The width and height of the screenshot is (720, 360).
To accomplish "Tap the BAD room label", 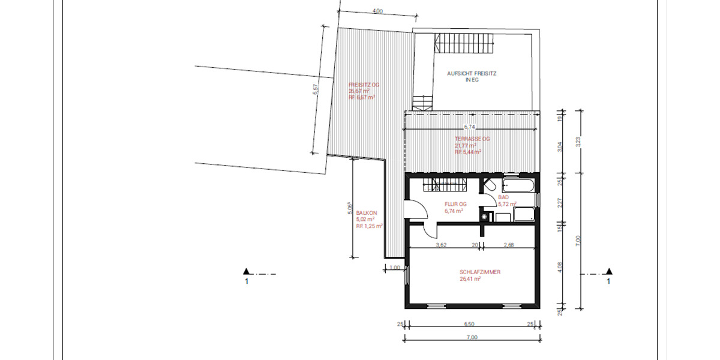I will click(503, 197).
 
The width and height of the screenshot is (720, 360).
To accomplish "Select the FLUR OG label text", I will click(455, 204).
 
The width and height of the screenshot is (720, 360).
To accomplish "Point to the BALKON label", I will click(365, 213).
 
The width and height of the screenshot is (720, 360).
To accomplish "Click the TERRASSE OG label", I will click(472, 139).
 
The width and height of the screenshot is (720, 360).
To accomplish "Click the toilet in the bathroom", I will click(489, 185).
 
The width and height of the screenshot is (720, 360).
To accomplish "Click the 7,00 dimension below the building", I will click(472, 337).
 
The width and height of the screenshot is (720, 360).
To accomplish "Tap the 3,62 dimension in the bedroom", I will click(440, 245).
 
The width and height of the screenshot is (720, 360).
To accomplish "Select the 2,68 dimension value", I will click(508, 245).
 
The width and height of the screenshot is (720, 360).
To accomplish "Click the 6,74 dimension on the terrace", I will click(470, 127).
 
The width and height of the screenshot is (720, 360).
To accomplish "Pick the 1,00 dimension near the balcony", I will click(394, 268).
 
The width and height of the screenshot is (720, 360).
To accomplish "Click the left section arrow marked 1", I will click(247, 272).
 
